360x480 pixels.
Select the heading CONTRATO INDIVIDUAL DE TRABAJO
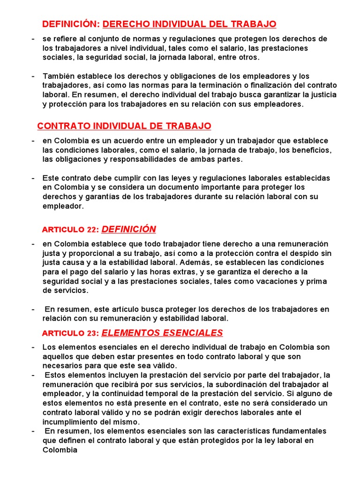pyautogui.click(x=124, y=126)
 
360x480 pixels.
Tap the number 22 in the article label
pyautogui.click(x=91, y=230)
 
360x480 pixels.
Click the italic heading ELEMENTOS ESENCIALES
pyautogui.click(x=162, y=333)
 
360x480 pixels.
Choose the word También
pyautogui.click(x=59, y=76)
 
